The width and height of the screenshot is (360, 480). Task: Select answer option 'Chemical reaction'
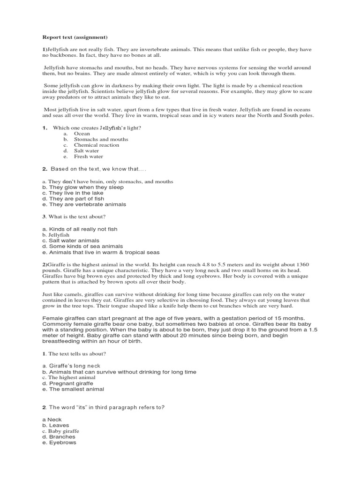97,145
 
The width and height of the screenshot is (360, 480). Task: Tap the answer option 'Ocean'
82,134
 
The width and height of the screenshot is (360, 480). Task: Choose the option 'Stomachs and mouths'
101,139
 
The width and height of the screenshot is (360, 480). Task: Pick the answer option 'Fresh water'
89,157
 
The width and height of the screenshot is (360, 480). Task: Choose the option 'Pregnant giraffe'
71,383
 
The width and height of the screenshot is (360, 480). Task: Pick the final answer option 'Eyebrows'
62,442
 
